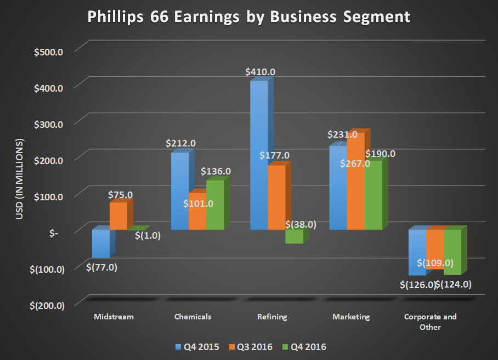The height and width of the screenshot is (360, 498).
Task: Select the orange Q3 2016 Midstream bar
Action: [x=118, y=216]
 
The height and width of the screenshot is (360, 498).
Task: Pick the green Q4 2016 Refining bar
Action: [x=293, y=236]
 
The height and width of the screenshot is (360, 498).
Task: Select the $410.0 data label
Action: [x=261, y=71]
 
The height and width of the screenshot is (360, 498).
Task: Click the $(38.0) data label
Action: [x=301, y=224]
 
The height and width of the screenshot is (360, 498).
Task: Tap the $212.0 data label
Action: [x=180, y=144]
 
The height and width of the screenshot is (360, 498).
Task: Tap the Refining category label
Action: [x=271, y=317]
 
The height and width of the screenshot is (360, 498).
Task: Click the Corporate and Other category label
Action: [x=430, y=322]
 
